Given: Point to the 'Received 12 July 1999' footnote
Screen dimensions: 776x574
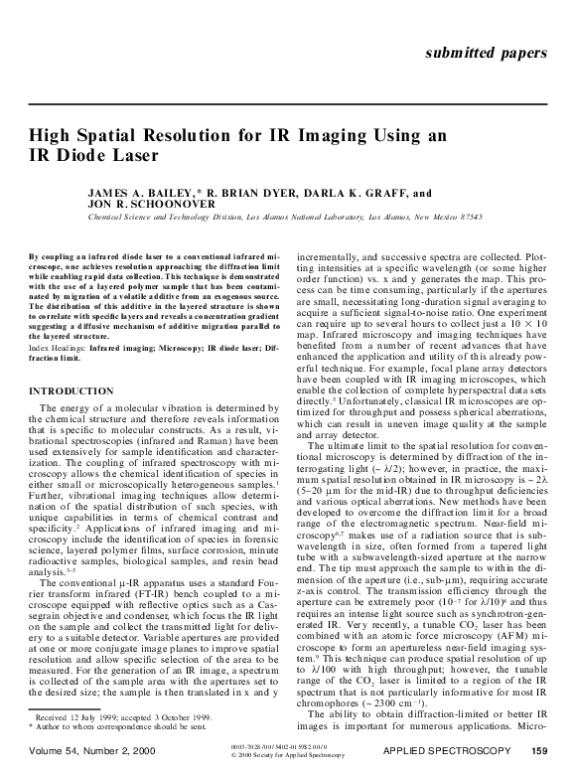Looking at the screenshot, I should tap(78, 713).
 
